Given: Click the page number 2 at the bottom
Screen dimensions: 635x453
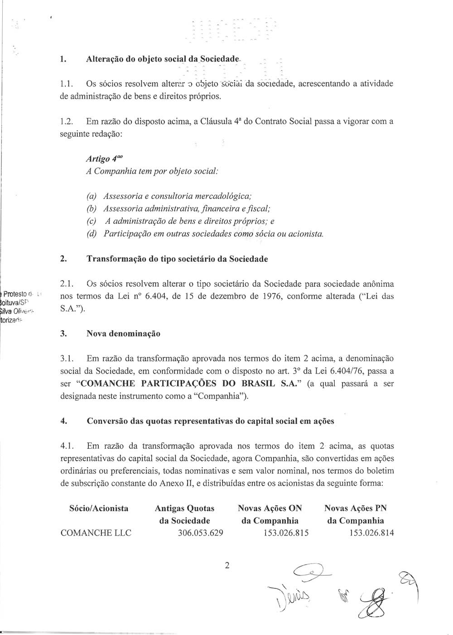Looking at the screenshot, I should click(227, 565).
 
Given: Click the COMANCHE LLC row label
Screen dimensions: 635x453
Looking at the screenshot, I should click(96, 532).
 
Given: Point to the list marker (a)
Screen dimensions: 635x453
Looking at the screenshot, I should click(92, 197).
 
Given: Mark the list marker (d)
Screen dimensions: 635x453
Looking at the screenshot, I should click(92, 234).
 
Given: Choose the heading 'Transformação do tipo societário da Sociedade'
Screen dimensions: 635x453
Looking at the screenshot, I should click(177, 259).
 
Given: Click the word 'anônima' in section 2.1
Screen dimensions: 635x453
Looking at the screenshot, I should click(376, 284).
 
